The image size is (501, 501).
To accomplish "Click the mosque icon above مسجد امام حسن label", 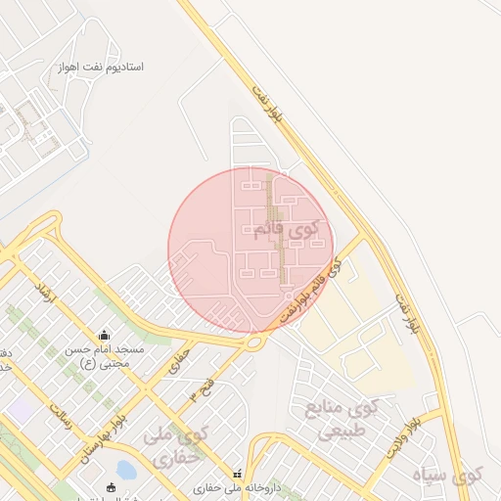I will (105, 335).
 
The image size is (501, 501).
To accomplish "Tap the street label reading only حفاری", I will (178, 357).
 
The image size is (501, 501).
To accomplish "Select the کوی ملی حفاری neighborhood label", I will (179, 445).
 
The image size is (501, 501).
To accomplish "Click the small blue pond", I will (125, 472).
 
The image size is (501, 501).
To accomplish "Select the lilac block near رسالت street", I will (20, 411).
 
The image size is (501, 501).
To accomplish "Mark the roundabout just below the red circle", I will (256, 342).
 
